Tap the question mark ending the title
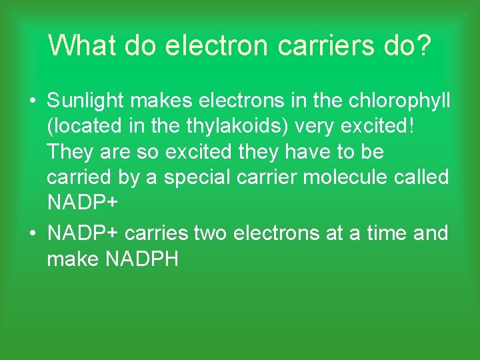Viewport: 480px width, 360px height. point(423,46)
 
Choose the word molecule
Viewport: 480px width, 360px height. point(340,178)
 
